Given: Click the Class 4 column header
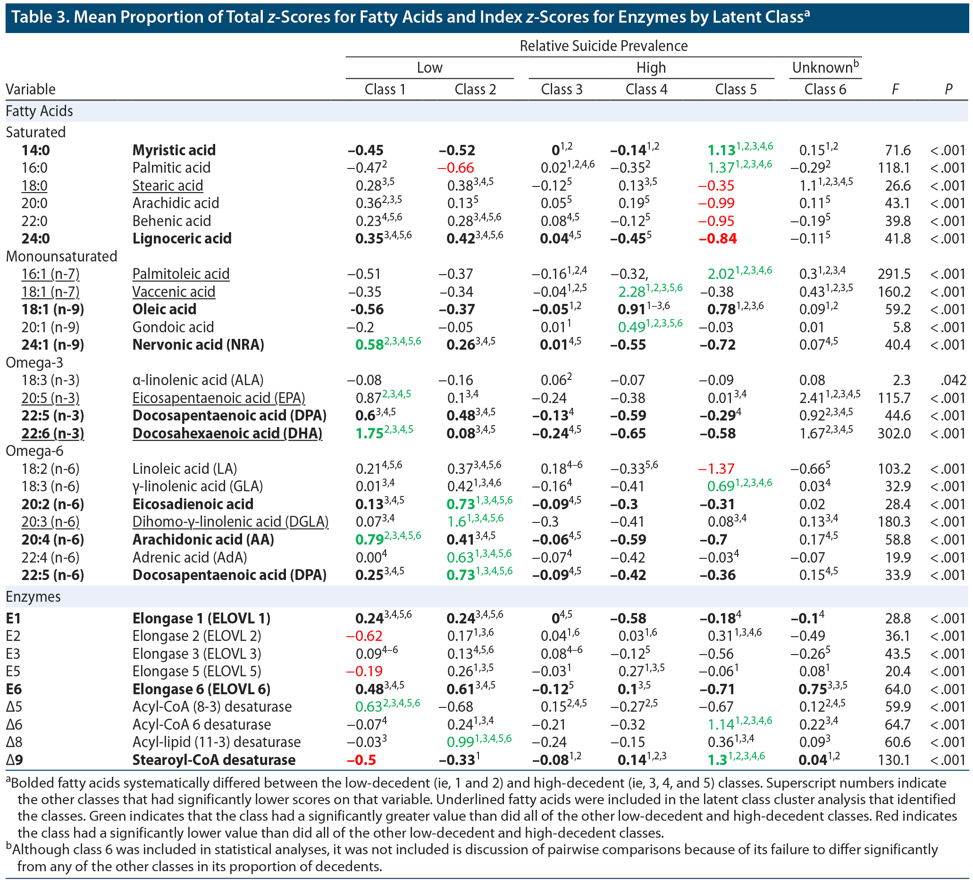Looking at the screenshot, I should (x=646, y=89).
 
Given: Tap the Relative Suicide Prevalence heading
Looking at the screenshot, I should (x=604, y=46).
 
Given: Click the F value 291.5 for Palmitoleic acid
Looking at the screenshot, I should (x=894, y=274).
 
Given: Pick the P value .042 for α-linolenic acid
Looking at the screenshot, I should (x=953, y=380).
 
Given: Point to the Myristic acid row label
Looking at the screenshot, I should (x=174, y=150).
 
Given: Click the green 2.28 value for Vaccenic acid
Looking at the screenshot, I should (x=632, y=292).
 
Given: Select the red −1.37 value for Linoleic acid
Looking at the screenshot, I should (x=716, y=469).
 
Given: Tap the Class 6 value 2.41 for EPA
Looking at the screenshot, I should (x=811, y=398).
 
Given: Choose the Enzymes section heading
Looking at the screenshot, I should (x=33, y=597).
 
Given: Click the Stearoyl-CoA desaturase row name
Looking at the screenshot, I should (x=214, y=760).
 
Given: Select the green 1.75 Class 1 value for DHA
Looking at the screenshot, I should (x=369, y=434).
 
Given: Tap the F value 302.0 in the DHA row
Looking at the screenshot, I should (x=894, y=434).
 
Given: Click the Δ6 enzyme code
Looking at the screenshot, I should (x=14, y=724).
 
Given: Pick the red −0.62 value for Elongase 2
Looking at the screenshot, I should (x=364, y=636).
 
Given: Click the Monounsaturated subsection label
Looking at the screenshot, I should (x=61, y=256).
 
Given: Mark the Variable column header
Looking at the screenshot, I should (x=30, y=89).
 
